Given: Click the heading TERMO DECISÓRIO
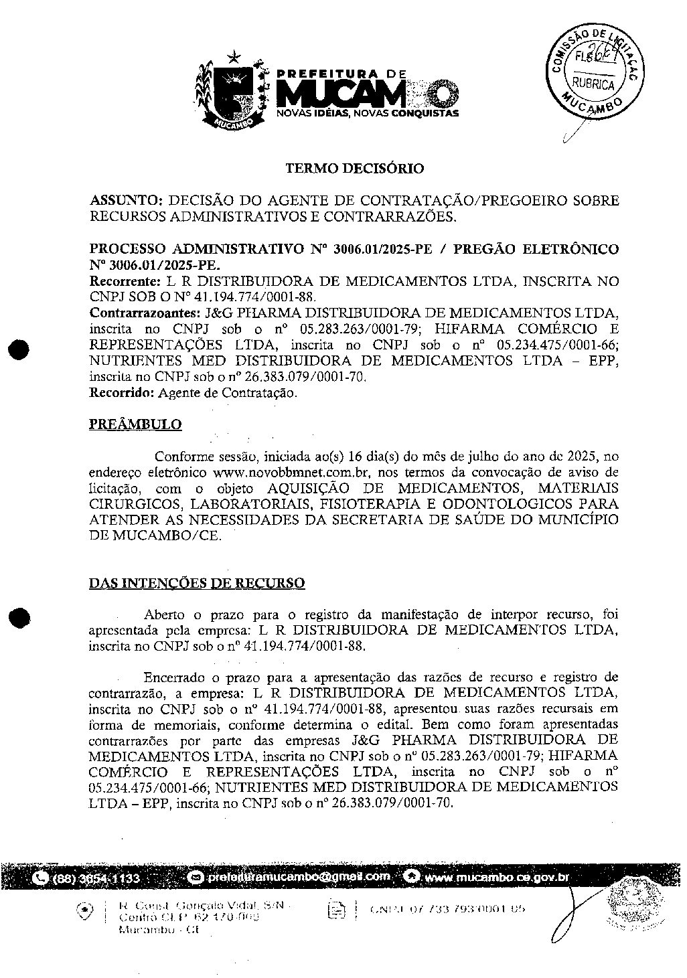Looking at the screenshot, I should coord(355,169).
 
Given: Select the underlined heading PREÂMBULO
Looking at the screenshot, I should coord(135,424).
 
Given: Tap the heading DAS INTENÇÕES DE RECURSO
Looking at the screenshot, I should coord(197,583).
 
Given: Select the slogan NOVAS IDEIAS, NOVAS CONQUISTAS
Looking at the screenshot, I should coord(368,114).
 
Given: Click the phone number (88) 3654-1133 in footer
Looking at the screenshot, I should coord(96,878).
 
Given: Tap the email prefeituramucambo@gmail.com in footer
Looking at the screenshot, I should coord(298,876).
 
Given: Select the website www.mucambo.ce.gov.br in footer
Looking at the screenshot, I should coord(496,877).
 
